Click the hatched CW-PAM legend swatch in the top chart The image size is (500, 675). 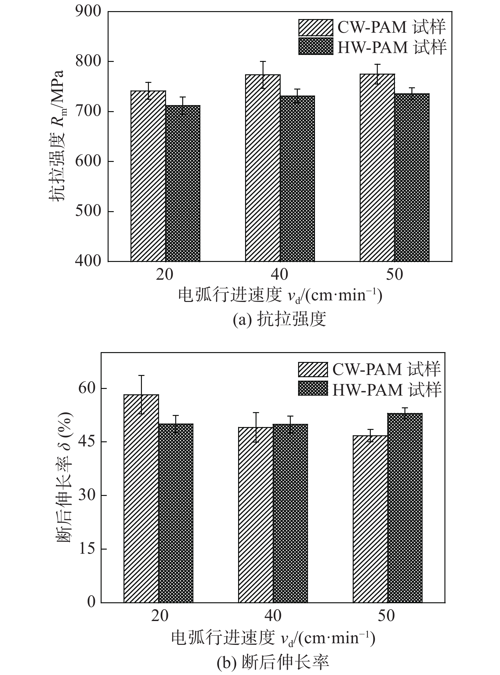(316, 28)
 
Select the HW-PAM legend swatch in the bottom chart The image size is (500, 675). (313, 388)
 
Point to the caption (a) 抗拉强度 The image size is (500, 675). (279, 319)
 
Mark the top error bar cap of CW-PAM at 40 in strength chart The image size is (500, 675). (263, 61)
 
